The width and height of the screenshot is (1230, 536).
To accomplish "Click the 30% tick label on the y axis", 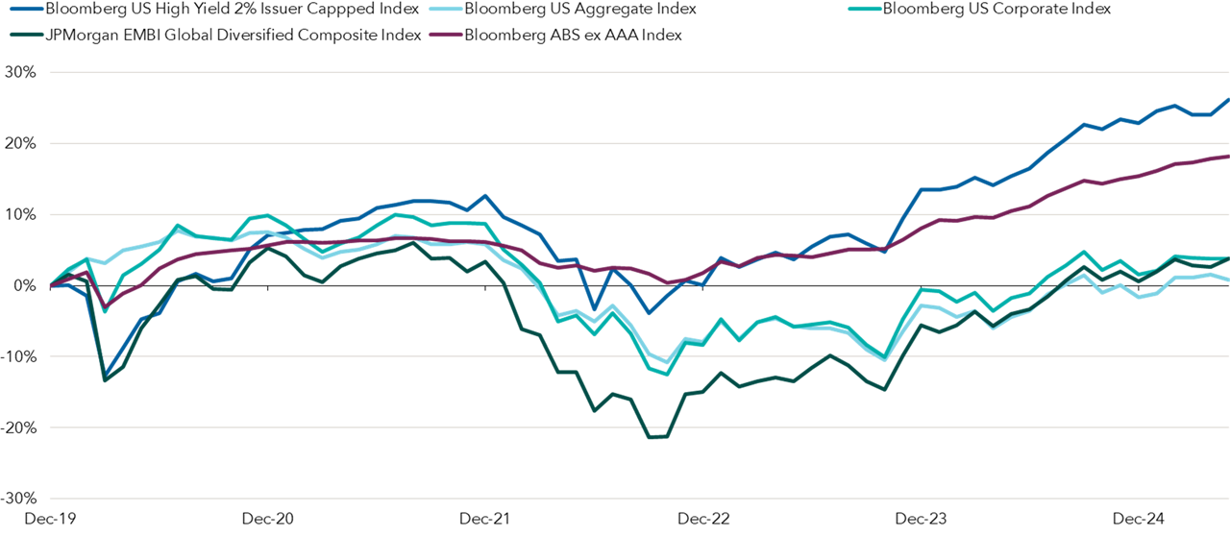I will coord(20,73).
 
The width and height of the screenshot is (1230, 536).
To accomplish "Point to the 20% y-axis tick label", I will coord(20,144).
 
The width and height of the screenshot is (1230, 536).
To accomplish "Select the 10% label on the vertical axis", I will coord(20,215).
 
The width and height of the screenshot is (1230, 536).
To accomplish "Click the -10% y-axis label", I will coord(18,357).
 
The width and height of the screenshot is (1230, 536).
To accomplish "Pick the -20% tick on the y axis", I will coord(18,428).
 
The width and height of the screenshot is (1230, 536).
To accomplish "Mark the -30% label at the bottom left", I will coord(18,499).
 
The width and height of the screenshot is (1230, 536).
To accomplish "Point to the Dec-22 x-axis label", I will coord(704,520).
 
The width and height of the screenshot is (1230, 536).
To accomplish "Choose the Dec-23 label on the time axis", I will coord(922,520).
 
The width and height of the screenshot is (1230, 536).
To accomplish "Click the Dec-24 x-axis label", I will coord(1139,520).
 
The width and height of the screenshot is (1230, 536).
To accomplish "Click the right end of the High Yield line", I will coord(1228,99).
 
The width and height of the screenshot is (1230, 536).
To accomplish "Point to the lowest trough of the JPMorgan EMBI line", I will coord(651,438).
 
